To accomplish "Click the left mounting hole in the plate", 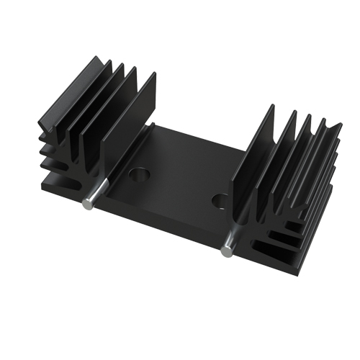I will point(138,174).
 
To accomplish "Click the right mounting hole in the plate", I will point(222,200).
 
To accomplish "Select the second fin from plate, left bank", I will point(115,115).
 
